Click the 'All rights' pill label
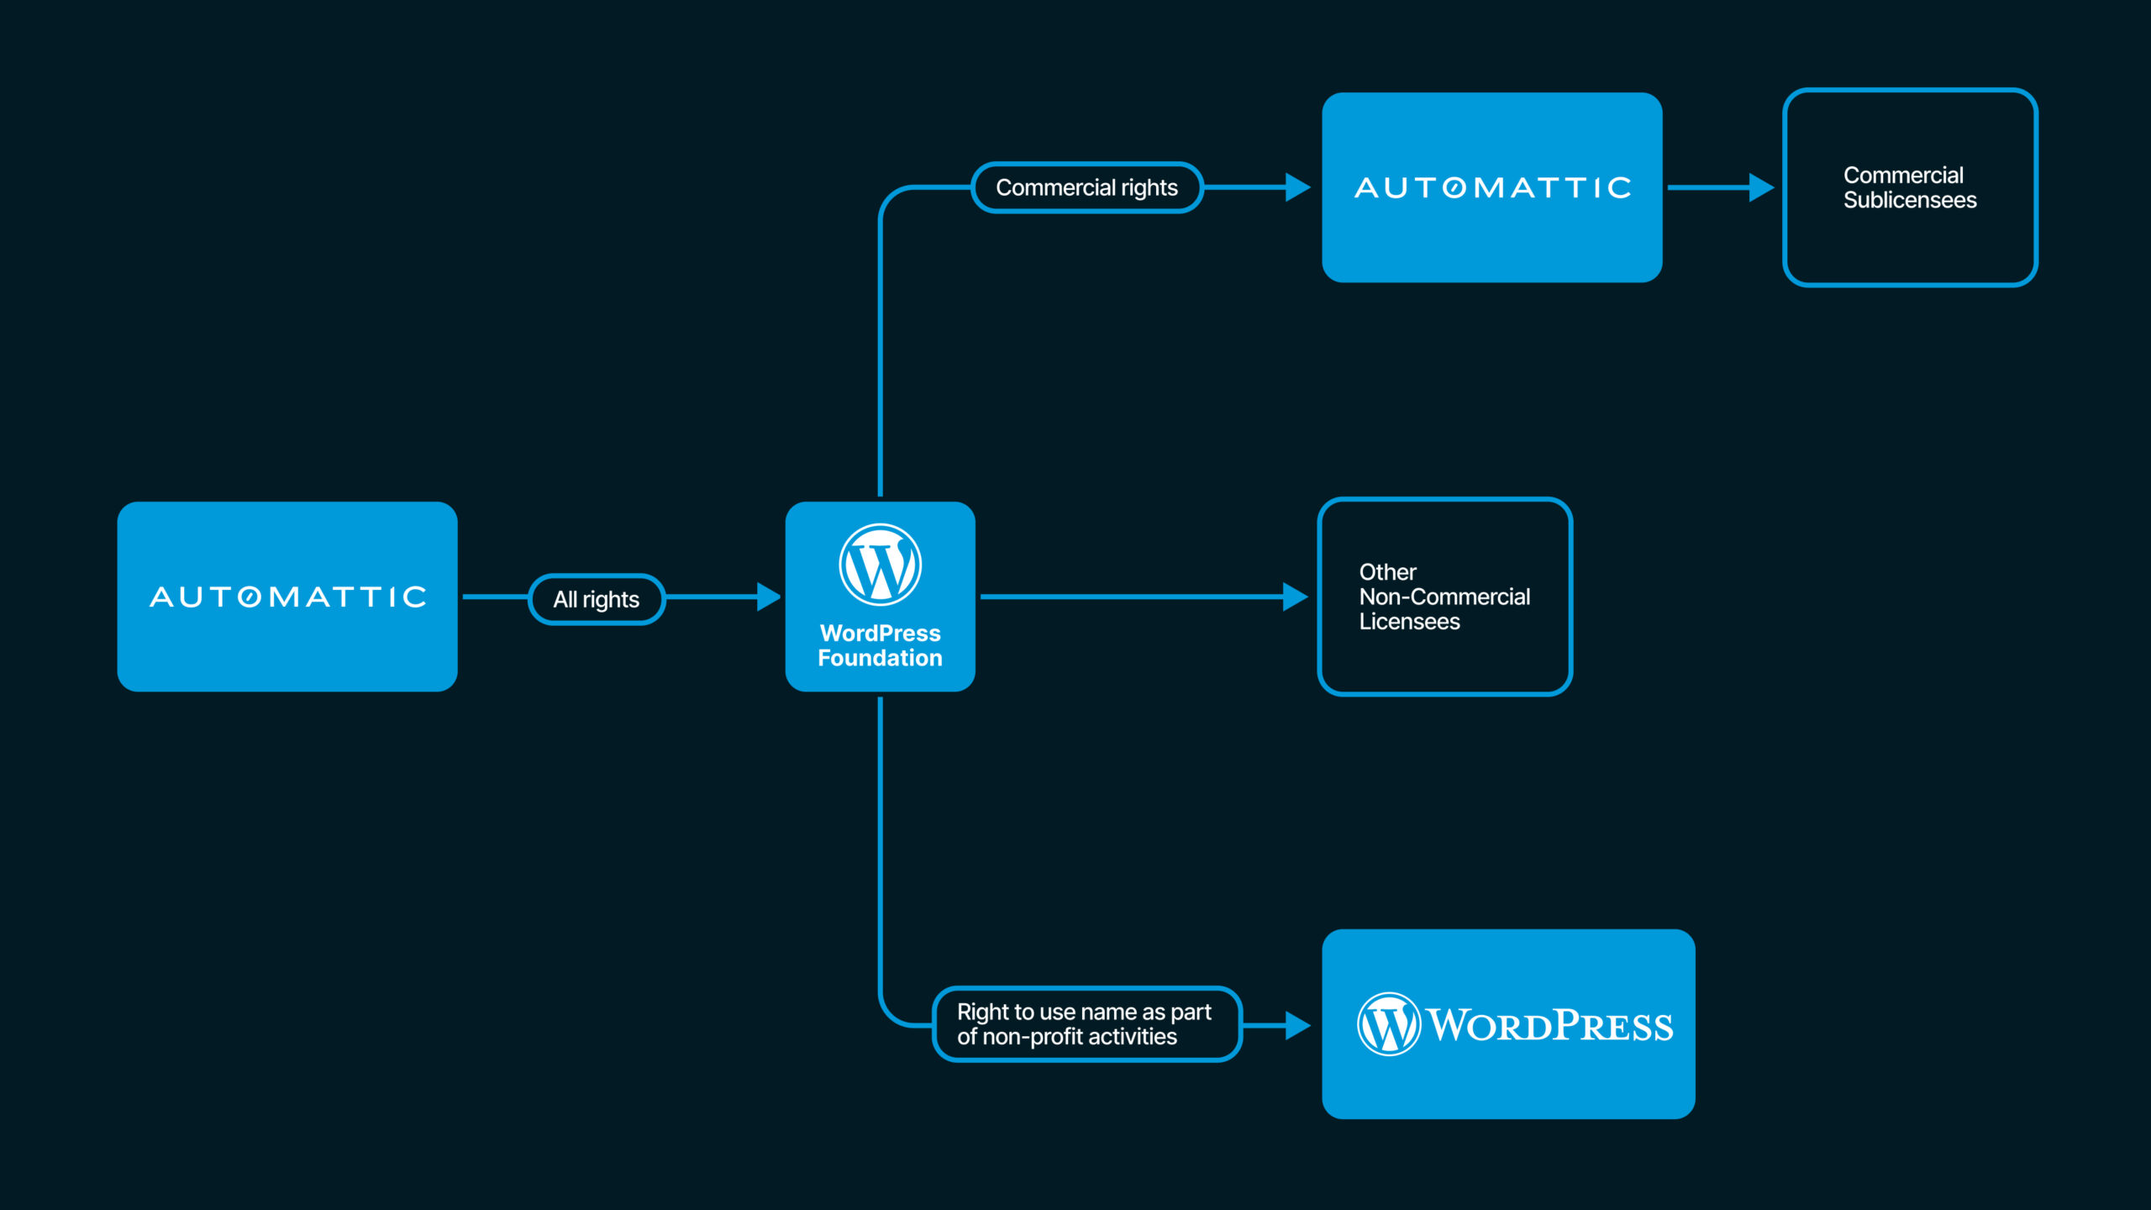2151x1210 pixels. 597,599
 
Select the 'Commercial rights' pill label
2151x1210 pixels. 1086,187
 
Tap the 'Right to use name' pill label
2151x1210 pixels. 1086,1023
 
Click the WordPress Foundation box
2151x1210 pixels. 880,597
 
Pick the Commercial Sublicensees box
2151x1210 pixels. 1910,187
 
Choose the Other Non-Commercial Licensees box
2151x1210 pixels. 1444,597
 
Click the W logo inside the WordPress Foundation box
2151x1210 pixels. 880,565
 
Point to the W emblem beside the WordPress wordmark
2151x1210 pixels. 1388,1024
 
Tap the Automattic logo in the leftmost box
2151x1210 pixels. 287,597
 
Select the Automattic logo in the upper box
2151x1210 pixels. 1492,187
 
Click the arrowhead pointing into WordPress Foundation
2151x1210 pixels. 767,597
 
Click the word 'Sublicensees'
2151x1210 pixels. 1910,200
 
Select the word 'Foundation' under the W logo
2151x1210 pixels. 880,658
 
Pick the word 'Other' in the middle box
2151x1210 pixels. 1387,572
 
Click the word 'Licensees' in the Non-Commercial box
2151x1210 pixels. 1409,622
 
